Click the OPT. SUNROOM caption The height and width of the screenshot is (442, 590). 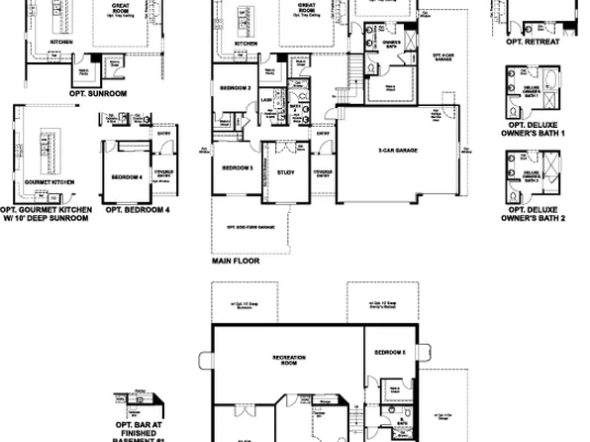[98, 93]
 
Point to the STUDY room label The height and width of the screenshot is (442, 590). [286, 172]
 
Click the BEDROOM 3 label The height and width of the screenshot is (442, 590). [238, 167]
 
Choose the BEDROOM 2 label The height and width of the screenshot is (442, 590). [234, 87]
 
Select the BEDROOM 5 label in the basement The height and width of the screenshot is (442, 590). [390, 353]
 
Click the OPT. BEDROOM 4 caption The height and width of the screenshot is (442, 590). [138, 210]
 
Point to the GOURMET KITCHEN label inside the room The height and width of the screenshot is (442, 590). [49, 182]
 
